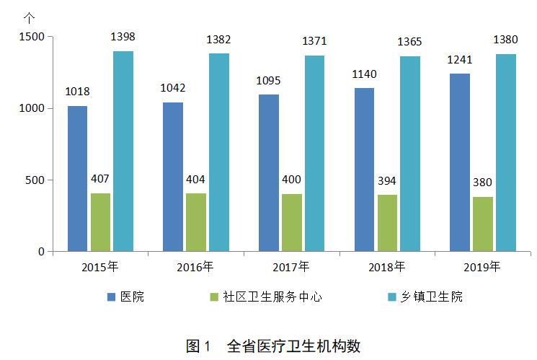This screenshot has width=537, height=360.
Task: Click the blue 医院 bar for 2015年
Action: coord(77,179)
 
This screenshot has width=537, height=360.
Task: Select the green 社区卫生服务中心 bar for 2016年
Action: coord(196,222)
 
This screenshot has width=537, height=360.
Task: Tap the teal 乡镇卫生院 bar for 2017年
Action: coord(314,154)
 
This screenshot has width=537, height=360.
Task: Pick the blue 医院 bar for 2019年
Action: coord(459,162)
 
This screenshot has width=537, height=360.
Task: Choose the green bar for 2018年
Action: coord(386,223)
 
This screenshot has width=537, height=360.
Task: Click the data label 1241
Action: coord(459,59)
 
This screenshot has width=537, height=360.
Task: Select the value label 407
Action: coord(100,178)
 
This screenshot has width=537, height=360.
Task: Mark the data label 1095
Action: coord(268,80)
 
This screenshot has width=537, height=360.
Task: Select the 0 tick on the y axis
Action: coord(42,251)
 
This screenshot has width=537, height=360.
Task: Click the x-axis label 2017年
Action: coord(290,267)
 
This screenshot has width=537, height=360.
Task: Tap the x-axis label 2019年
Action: coord(481,267)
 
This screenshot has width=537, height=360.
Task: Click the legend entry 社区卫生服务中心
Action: coord(268,297)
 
